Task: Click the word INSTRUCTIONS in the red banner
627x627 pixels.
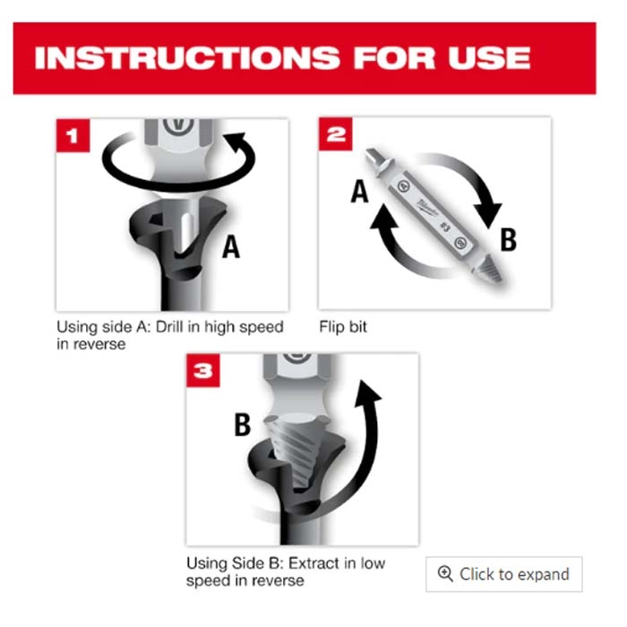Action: click(187, 58)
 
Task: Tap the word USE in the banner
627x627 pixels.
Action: click(489, 58)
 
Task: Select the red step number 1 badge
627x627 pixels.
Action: click(73, 135)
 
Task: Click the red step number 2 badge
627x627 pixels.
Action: click(336, 134)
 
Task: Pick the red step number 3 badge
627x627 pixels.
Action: click(203, 370)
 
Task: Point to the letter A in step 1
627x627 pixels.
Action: click(231, 246)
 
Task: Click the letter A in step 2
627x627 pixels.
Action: click(359, 191)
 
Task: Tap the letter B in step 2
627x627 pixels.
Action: click(508, 239)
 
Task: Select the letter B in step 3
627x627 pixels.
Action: click(243, 425)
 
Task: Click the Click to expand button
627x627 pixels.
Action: click(503, 574)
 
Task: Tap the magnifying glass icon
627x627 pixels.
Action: click(445, 574)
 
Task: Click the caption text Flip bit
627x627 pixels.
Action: click(343, 327)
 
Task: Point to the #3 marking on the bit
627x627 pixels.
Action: click(445, 227)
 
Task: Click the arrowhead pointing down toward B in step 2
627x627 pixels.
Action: click(489, 215)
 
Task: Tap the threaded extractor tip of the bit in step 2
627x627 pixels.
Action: click(487, 268)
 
